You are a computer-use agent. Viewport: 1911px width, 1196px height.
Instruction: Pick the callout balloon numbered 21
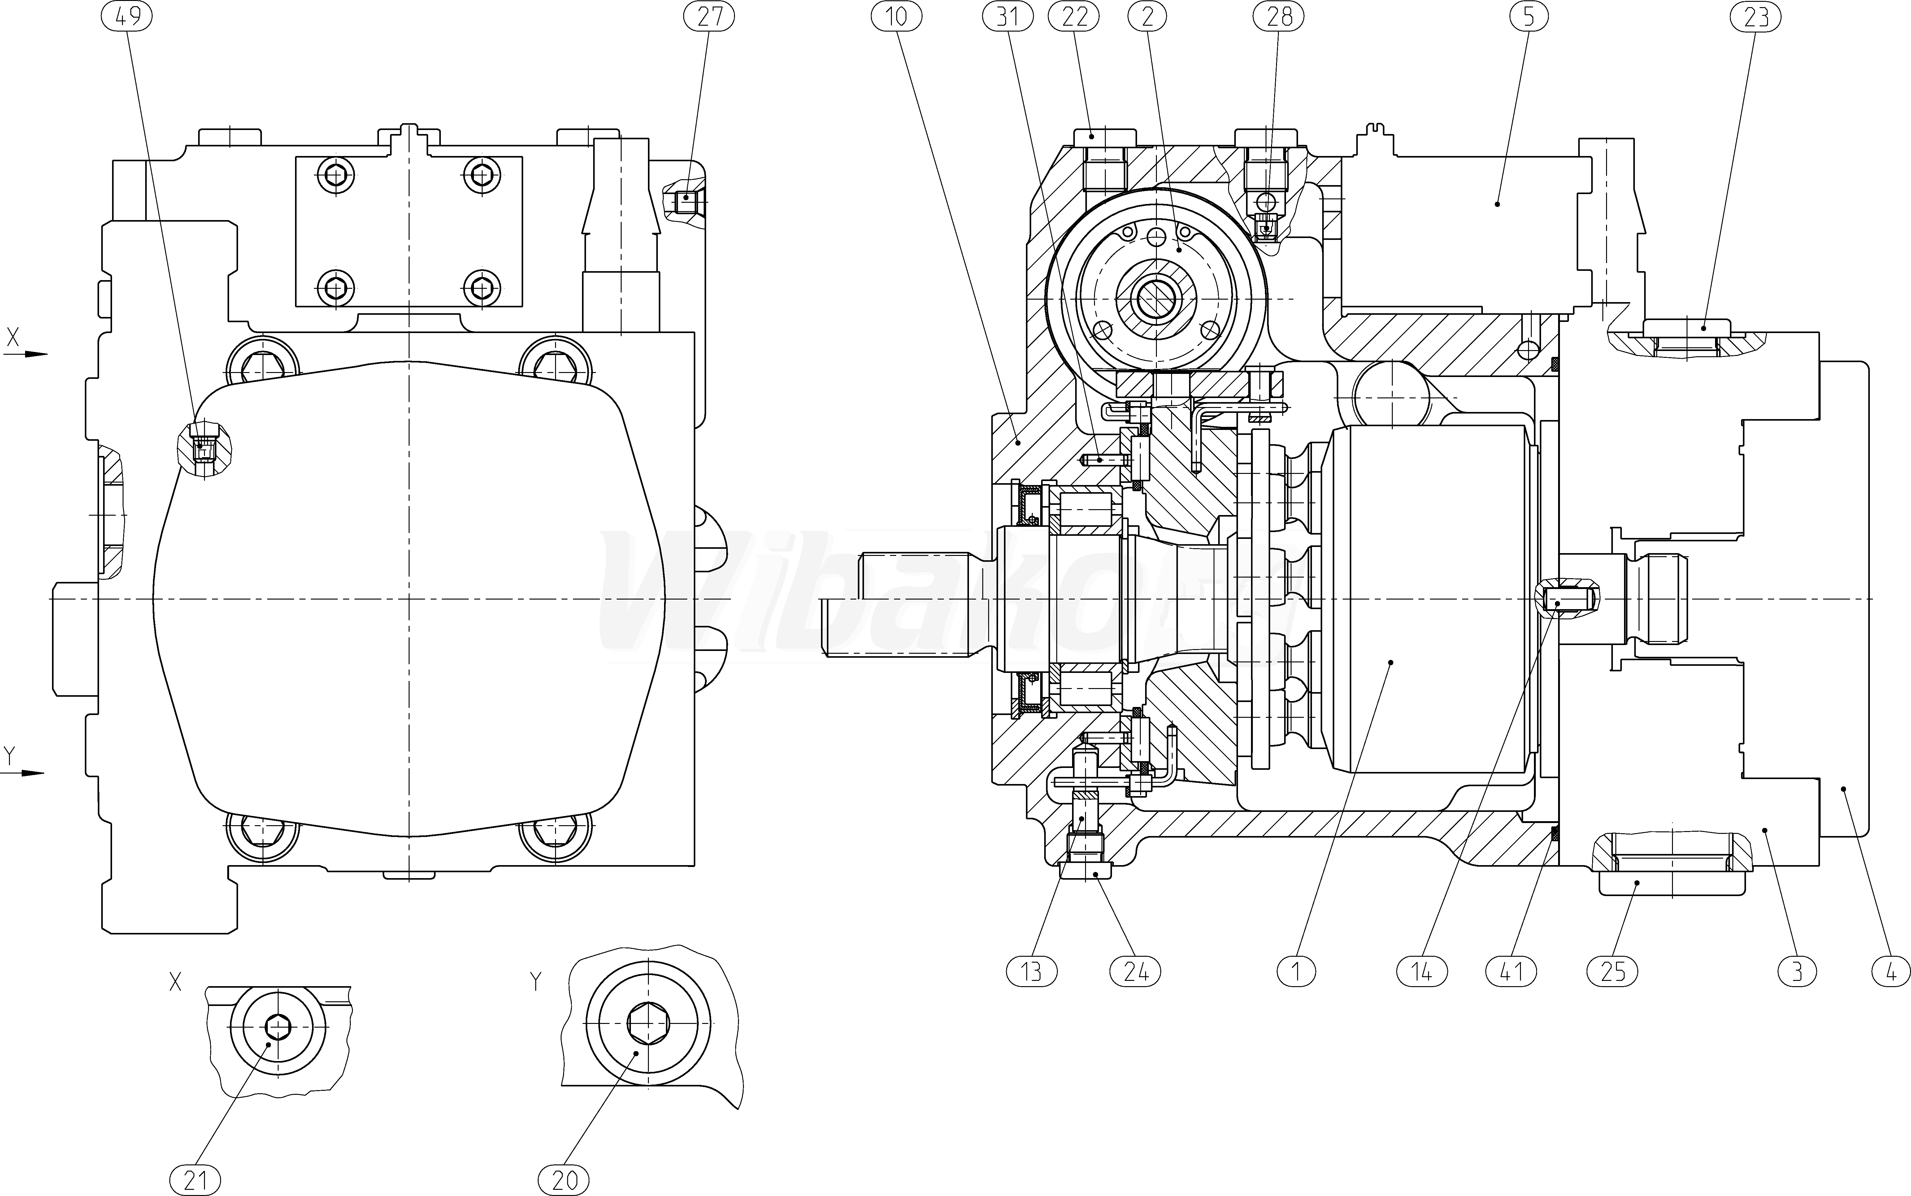[x=195, y=1180]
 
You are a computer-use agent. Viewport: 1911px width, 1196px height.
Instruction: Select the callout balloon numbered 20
[x=565, y=1180]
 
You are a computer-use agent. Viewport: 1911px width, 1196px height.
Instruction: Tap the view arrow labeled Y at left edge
[x=24, y=772]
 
